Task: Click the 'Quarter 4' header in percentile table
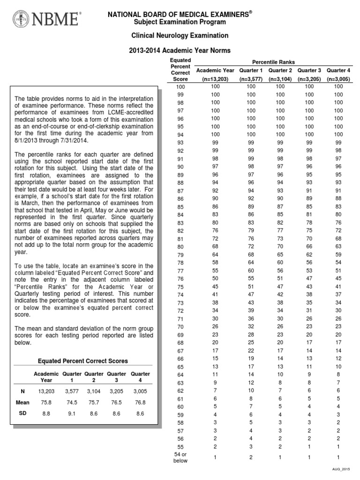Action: tap(338, 70)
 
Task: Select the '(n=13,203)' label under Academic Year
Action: tap(215, 79)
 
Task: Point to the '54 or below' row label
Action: tap(180, 457)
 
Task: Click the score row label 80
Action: tap(180, 247)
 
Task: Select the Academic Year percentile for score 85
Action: tap(215, 207)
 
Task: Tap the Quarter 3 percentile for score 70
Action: tap(309, 326)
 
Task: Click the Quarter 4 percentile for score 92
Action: tap(338, 151)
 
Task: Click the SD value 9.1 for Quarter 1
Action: tap(69, 414)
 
